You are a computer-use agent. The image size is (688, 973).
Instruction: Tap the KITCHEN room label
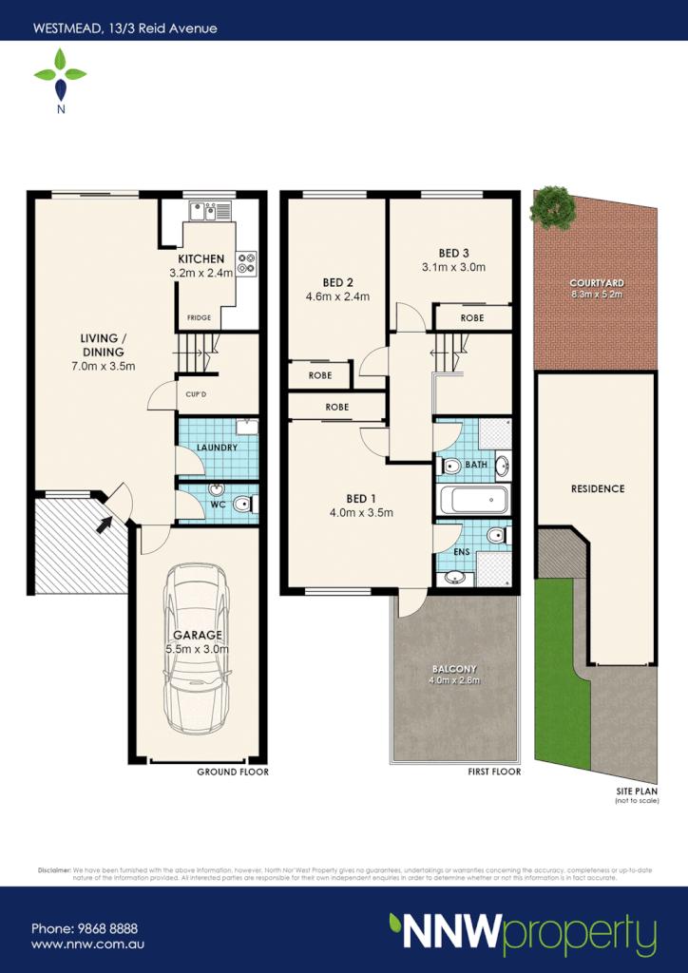point(201,258)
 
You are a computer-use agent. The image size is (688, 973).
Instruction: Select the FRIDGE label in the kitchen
point(199,318)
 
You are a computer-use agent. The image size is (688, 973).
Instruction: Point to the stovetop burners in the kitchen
point(247,262)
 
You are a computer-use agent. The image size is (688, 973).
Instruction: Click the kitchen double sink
point(208,210)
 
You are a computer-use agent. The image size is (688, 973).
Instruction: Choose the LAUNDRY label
point(216,448)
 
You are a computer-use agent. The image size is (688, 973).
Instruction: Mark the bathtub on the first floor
point(473,500)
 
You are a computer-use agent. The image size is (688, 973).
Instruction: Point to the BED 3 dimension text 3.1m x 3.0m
point(454,267)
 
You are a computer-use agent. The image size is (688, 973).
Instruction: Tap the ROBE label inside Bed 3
point(472,318)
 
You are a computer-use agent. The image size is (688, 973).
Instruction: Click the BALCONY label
point(457,668)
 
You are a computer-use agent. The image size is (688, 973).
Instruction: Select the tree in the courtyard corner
point(553,207)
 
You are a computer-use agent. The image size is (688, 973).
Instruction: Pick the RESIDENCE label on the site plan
point(598,488)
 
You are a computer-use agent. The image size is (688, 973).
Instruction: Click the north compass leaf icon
point(61,76)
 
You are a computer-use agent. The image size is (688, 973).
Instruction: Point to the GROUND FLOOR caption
point(233,772)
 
